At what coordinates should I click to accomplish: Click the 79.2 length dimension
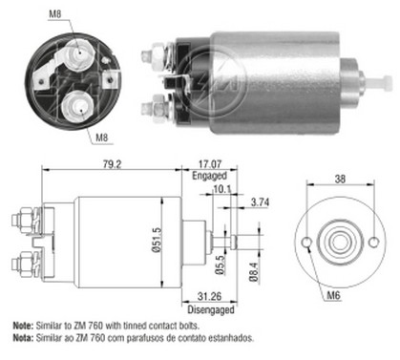[112, 164]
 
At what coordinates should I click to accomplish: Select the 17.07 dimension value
[210, 164]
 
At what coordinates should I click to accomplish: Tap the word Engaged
[209, 176]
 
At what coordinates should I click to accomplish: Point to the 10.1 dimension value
[222, 189]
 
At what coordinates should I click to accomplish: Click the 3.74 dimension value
[260, 201]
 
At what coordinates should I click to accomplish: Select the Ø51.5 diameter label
[157, 240]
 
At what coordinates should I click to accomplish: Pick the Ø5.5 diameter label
[220, 265]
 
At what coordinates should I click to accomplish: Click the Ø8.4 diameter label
[254, 271]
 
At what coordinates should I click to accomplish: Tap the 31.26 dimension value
[209, 296]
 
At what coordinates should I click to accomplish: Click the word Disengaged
[211, 309]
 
